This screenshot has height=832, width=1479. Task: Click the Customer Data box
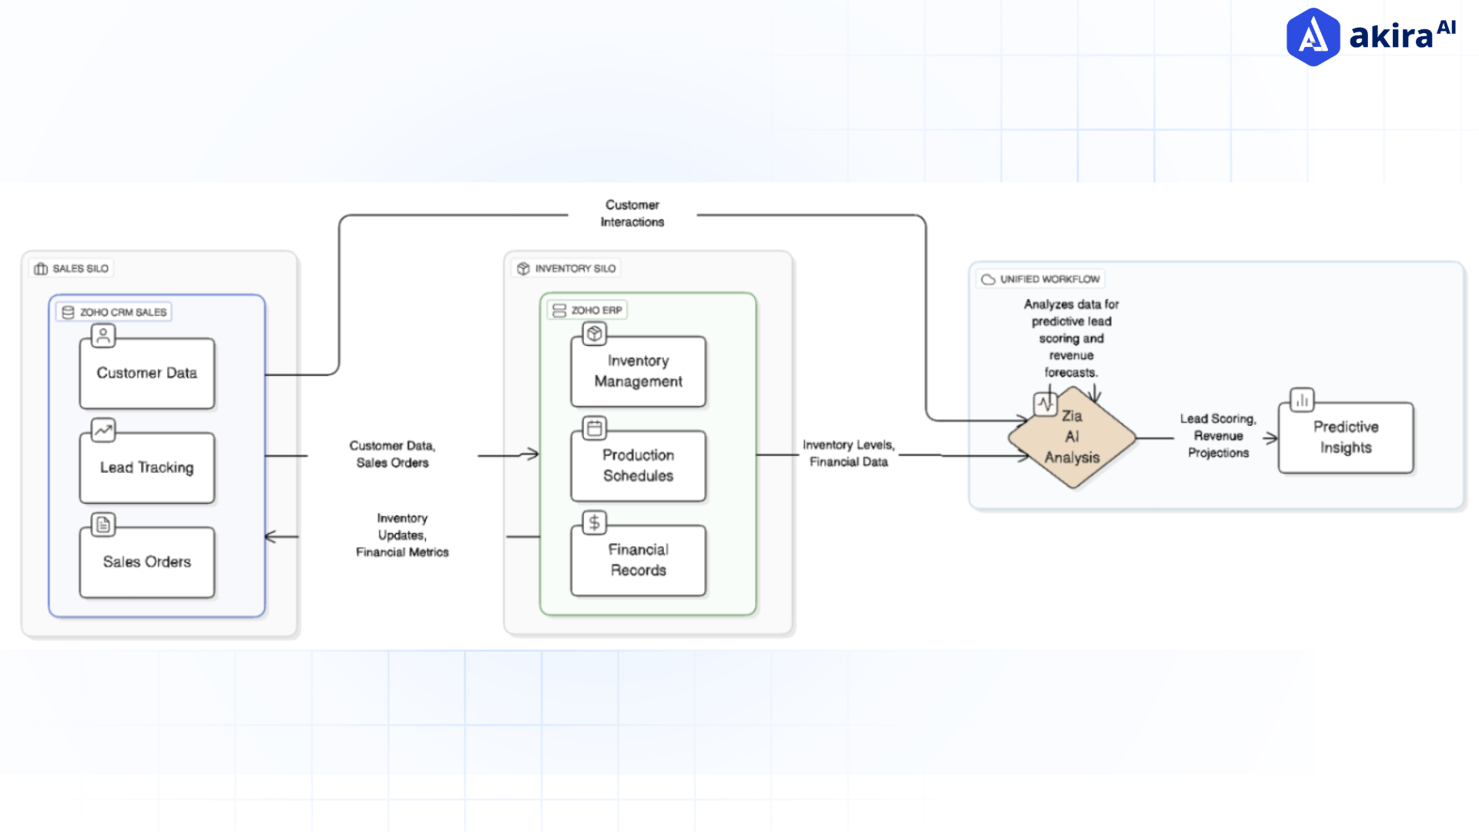pyautogui.click(x=146, y=374)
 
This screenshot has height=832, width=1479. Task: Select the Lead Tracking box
pyautogui.click(x=146, y=468)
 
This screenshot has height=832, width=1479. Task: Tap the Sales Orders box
pyautogui.click(x=146, y=562)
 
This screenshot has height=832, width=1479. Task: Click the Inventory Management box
pyautogui.click(x=638, y=371)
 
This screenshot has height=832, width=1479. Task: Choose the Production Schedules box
pyautogui.click(x=638, y=466)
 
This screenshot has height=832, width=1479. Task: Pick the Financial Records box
pyautogui.click(x=638, y=560)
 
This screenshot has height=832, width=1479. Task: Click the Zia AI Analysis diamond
pyautogui.click(x=1072, y=438)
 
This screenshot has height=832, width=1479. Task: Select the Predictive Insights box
pyautogui.click(x=1345, y=438)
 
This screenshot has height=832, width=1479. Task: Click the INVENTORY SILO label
pyautogui.click(x=567, y=268)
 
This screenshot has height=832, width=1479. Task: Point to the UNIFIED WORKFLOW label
pyautogui.click(x=1041, y=279)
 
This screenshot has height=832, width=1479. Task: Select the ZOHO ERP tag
pyautogui.click(x=588, y=310)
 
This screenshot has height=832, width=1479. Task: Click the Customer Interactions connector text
pyautogui.click(x=632, y=213)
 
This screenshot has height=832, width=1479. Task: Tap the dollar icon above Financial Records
pyautogui.click(x=594, y=522)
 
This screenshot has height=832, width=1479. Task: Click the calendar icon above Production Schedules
pyautogui.click(x=594, y=428)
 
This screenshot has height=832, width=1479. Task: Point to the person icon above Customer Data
pyautogui.click(x=102, y=335)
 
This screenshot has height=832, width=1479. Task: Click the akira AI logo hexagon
pyautogui.click(x=1313, y=37)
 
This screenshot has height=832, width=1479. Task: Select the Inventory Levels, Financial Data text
pyautogui.click(x=848, y=453)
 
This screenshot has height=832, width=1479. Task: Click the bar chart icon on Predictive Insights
pyautogui.click(x=1302, y=400)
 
